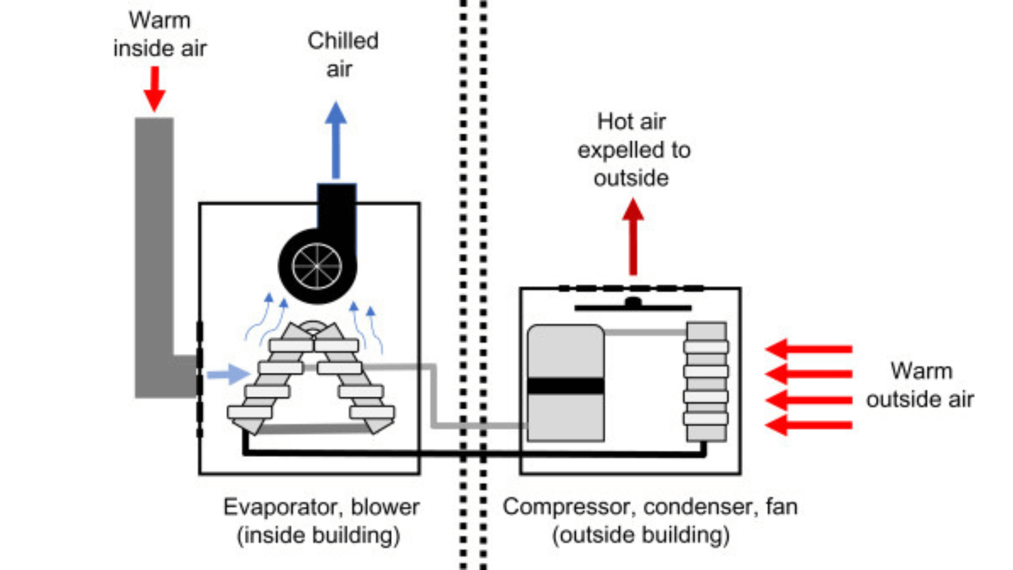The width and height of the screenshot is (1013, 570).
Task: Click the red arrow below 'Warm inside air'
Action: (155, 89)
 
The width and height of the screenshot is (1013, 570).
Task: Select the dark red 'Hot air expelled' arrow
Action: (633, 237)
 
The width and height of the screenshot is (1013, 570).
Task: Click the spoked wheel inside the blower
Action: (317, 266)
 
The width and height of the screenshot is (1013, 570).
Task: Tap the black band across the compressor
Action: (566, 386)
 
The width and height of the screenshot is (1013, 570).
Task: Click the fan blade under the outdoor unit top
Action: (633, 307)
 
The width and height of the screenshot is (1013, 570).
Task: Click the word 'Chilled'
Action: (343, 41)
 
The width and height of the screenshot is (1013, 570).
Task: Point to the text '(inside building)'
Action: (319, 536)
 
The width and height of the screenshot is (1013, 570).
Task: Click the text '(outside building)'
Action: (641, 536)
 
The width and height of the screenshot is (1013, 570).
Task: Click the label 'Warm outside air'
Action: (920, 385)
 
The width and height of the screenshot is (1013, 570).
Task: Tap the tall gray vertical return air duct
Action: (154, 237)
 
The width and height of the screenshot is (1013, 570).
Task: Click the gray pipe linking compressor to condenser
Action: (645, 332)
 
